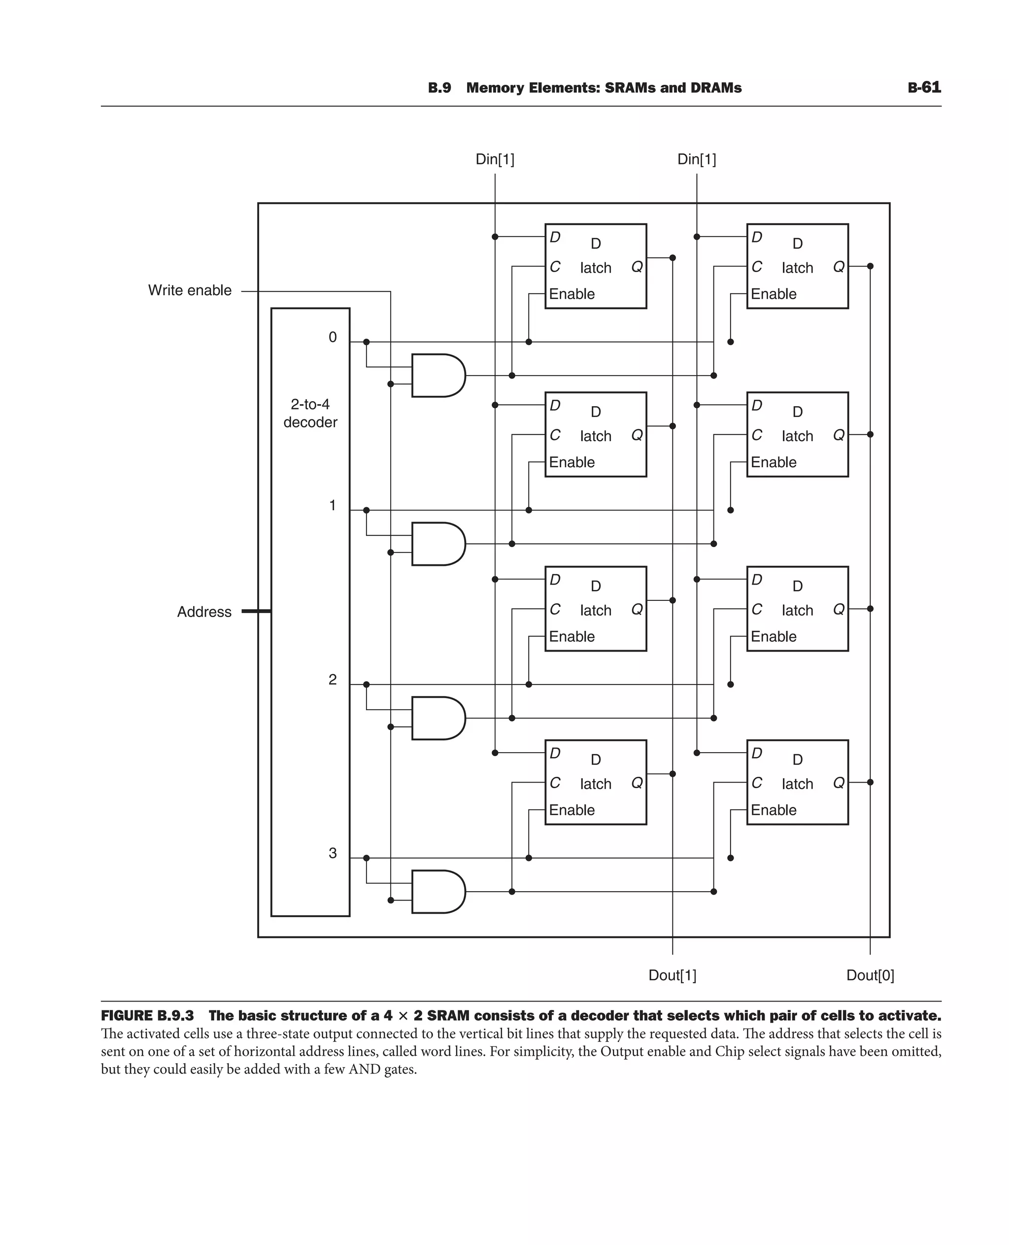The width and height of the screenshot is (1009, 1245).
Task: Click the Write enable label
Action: click(x=190, y=290)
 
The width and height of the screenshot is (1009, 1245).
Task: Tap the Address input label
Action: click(x=204, y=612)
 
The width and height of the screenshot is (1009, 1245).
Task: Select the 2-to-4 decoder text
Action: click(x=310, y=413)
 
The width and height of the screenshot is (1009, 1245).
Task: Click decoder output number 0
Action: click(x=333, y=337)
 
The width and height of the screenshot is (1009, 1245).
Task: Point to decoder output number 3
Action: click(x=333, y=853)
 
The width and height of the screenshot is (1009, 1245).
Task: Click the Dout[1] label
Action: click(x=672, y=975)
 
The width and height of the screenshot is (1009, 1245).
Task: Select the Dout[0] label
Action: click(x=870, y=975)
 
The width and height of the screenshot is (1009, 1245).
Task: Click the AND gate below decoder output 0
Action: click(x=437, y=376)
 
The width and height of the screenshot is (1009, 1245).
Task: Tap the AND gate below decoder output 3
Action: click(x=437, y=892)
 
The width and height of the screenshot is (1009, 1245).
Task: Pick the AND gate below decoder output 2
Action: click(x=437, y=718)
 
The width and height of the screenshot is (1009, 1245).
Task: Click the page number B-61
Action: click(x=924, y=87)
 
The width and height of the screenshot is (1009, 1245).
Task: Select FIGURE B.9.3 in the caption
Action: click(x=147, y=1016)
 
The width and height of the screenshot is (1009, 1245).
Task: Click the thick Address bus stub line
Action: click(x=256, y=611)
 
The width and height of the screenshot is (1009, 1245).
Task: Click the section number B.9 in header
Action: click(x=439, y=88)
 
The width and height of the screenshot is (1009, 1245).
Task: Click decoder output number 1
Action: click(x=333, y=505)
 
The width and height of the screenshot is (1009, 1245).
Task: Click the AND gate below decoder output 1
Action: click(x=437, y=544)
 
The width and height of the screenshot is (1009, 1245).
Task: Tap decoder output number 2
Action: click(x=333, y=679)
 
